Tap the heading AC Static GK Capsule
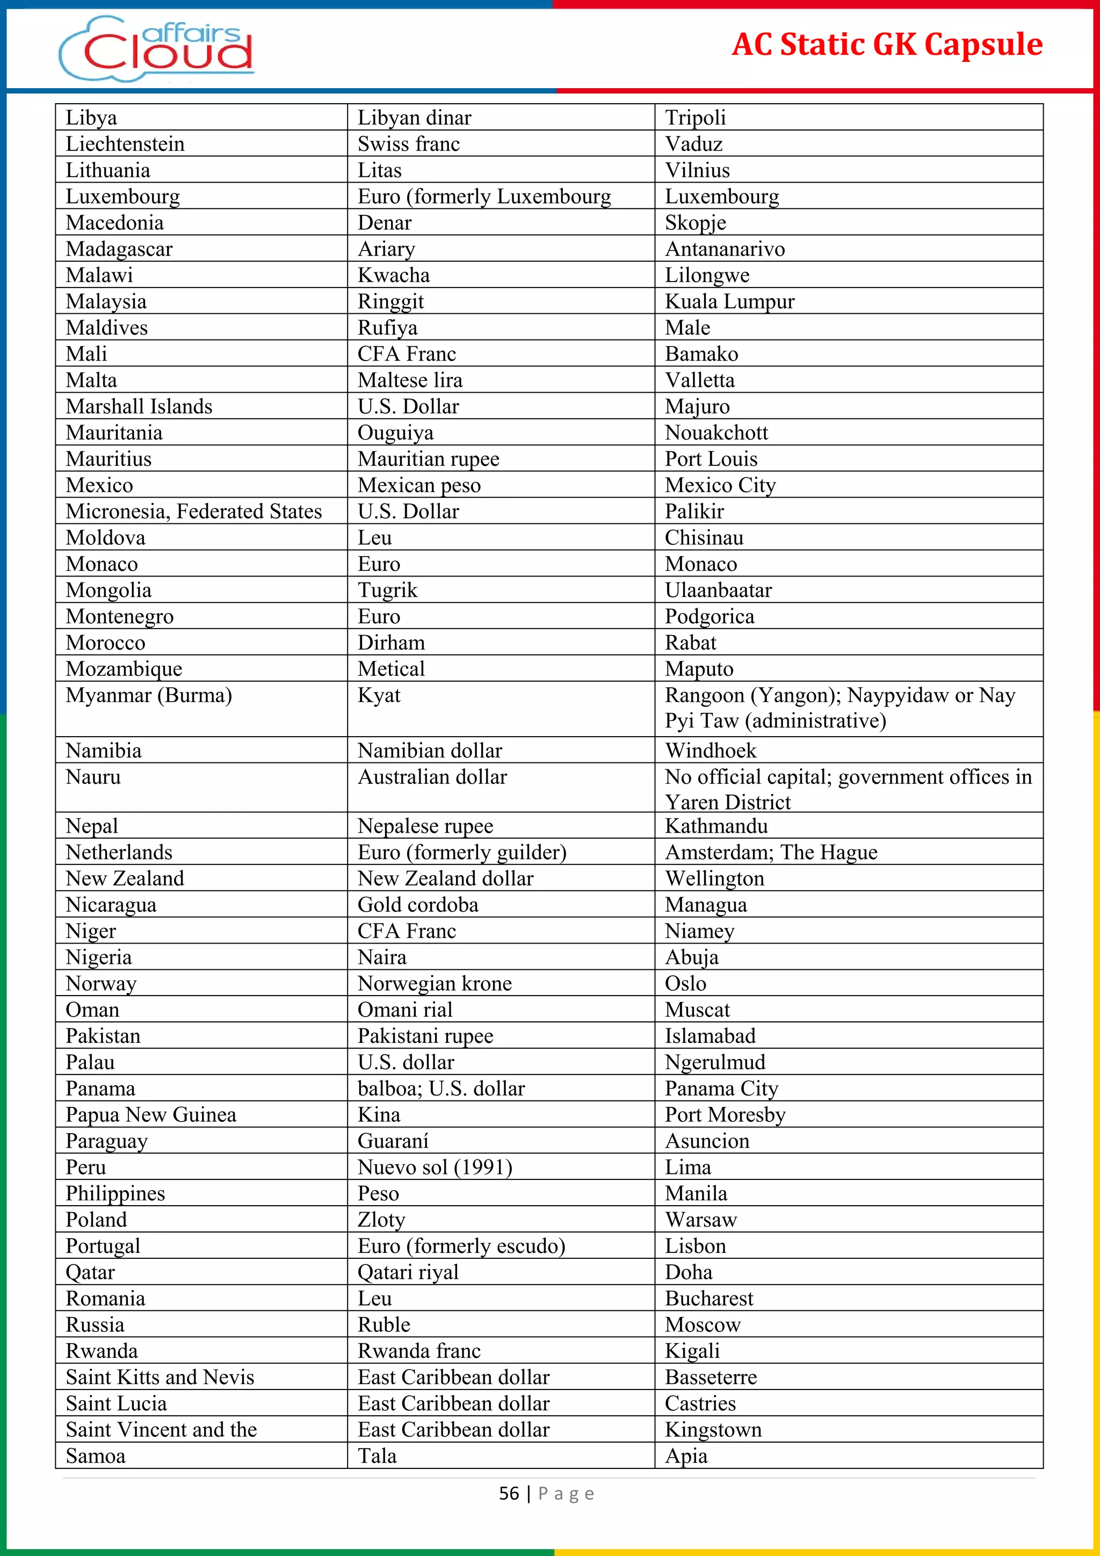(887, 45)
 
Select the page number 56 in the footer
(509, 1494)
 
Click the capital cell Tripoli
(695, 118)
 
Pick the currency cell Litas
(379, 170)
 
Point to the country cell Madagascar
(119, 249)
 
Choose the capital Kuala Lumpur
(729, 301)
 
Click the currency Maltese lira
(410, 380)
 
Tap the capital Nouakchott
(716, 433)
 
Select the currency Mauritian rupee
(428, 459)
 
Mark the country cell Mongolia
(108, 590)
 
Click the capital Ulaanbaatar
(718, 590)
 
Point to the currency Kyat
(379, 695)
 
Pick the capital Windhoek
(711, 750)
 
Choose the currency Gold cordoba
(417, 905)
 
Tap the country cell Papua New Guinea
(151, 1115)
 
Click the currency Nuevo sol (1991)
(435, 1167)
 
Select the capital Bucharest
(708, 1299)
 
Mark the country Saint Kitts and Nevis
(160, 1377)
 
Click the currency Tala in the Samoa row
(377, 1456)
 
